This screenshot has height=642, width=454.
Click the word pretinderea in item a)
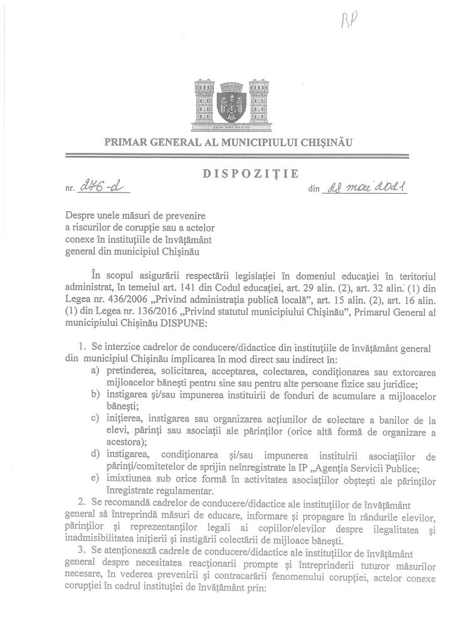pyautogui.click(x=130, y=372)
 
